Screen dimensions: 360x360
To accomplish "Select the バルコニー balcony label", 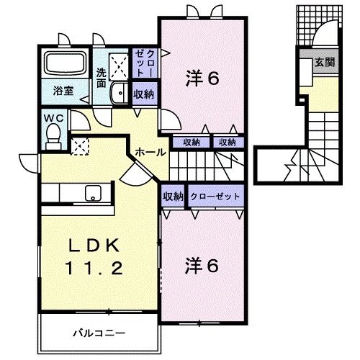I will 99,333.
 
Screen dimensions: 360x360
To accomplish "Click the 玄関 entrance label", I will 323,63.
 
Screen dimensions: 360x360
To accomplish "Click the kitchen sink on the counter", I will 92,193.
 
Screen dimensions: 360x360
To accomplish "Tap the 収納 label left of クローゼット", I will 173,196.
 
